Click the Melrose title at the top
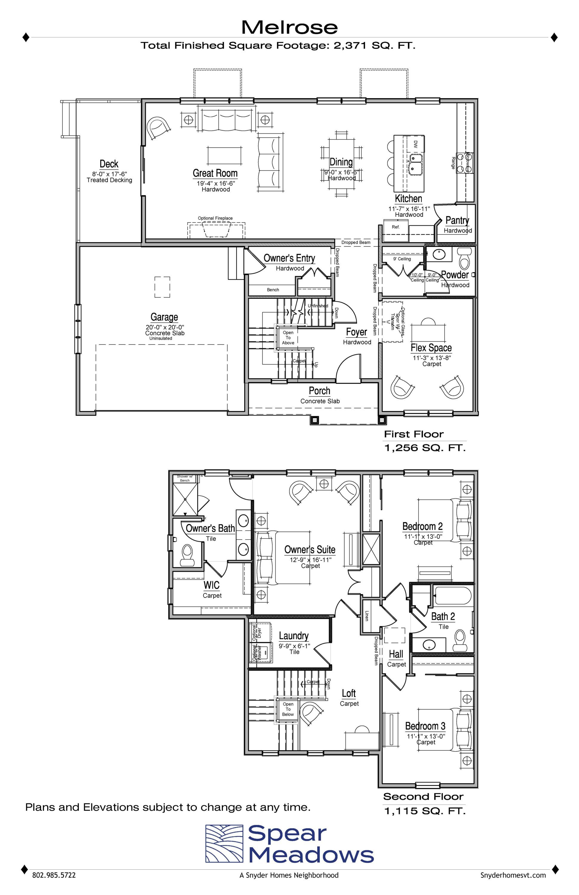pyautogui.click(x=289, y=27)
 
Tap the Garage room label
pyautogui.click(x=164, y=317)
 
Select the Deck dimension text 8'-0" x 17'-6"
pyautogui.click(x=109, y=174)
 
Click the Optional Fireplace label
pyautogui.click(x=215, y=218)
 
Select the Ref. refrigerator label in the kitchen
pyautogui.click(x=396, y=227)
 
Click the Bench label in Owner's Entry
pyautogui.click(x=273, y=290)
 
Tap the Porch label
pyautogui.click(x=319, y=391)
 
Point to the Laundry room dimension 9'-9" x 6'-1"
pyautogui.click(x=294, y=646)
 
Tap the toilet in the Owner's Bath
pyautogui.click(x=187, y=555)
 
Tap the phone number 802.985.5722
pyautogui.click(x=54, y=885)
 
